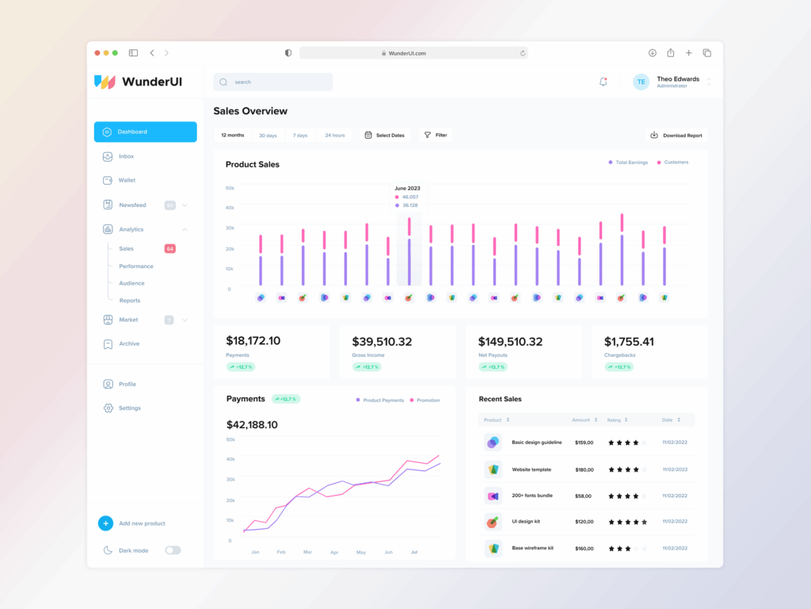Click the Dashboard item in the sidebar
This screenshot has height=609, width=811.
coord(145,132)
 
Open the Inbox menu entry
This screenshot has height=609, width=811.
coord(126,156)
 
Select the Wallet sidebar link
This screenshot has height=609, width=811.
coord(127,180)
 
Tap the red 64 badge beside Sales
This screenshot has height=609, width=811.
coord(169,248)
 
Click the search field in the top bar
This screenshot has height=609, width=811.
coord(273,82)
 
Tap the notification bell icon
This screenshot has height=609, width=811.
coord(603,82)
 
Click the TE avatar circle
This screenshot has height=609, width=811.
coord(641,82)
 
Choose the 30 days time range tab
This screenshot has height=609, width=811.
coord(268,136)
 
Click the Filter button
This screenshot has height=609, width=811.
coord(436,136)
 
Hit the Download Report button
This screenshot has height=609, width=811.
coord(676,136)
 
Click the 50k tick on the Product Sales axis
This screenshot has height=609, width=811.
coord(230,188)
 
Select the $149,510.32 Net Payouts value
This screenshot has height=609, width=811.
coord(510,342)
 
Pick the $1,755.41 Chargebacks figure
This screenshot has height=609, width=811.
coord(629,342)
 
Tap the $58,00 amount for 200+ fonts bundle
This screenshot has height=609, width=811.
coord(584,496)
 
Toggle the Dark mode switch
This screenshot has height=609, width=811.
coord(173,550)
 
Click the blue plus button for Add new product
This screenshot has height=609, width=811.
coord(105,523)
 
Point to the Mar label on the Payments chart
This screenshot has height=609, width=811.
coord(307,552)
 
